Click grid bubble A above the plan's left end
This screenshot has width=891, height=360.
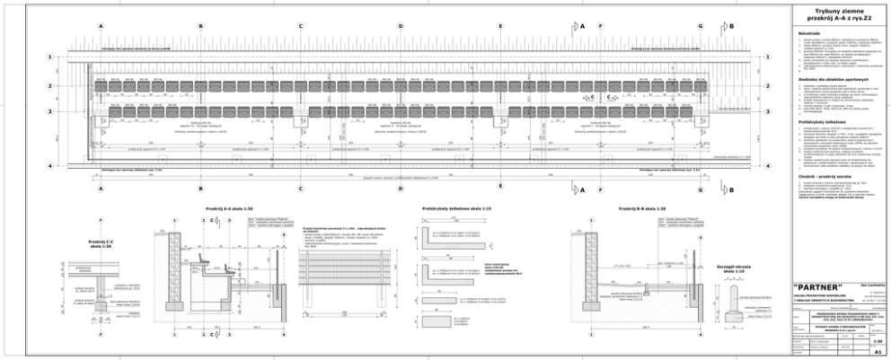(x=101, y=27)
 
